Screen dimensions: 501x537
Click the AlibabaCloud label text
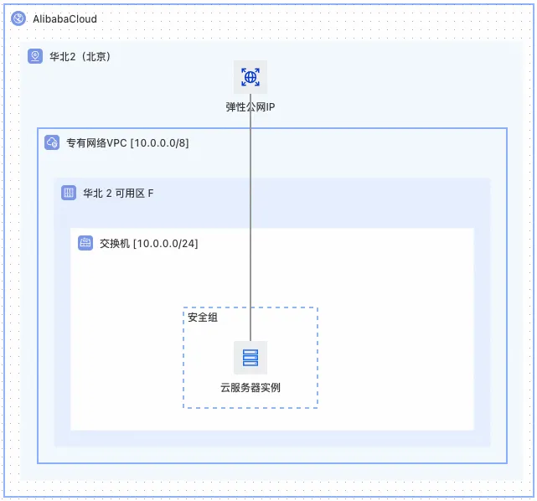[x=65, y=18]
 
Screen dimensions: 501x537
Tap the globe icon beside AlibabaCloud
[x=18, y=18]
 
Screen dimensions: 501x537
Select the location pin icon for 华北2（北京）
[x=35, y=56]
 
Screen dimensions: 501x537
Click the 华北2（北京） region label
[x=80, y=57]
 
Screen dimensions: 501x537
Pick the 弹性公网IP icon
[x=250, y=77]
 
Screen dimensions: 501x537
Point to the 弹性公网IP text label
[x=250, y=107]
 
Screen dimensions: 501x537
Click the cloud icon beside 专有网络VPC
[x=52, y=142]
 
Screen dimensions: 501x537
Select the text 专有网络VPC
[x=96, y=142]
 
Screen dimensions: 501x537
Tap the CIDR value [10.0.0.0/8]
[x=159, y=142]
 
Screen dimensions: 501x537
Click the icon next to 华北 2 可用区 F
[x=69, y=193]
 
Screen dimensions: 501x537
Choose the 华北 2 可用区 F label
[x=118, y=193]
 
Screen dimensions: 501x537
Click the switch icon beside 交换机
[x=85, y=243]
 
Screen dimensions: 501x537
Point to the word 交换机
[x=114, y=243]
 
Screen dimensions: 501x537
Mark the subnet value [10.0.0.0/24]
[x=165, y=243]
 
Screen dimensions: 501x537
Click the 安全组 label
[x=203, y=318]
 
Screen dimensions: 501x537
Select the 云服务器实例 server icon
[x=250, y=358]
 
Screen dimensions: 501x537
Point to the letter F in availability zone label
[x=151, y=193]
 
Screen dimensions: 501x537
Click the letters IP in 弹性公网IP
[x=270, y=107]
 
